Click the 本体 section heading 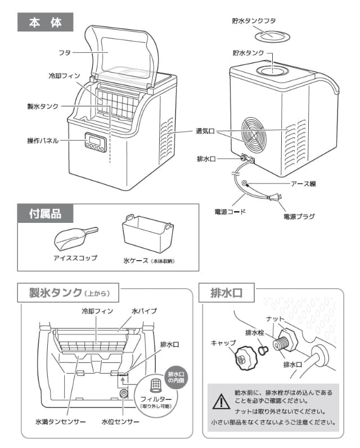click(45, 24)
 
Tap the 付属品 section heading click(45, 213)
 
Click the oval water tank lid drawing click(272, 37)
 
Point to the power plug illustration click(276, 198)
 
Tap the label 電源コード click(231, 213)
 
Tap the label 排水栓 click(254, 333)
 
